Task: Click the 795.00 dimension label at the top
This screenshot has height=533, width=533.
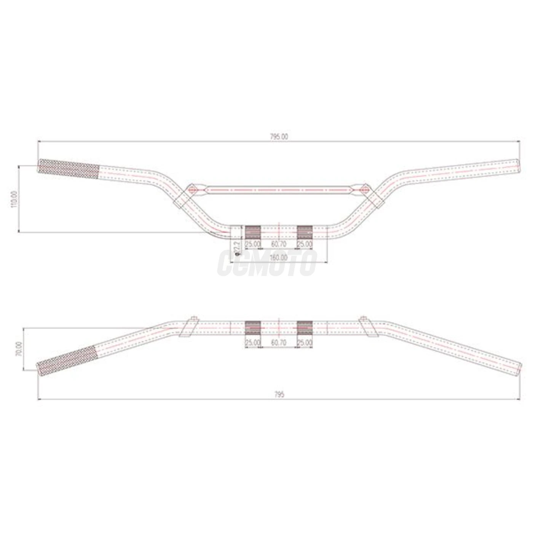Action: (279, 137)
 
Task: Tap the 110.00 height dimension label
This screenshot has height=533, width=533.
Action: (14, 199)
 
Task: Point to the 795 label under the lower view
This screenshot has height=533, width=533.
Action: (279, 395)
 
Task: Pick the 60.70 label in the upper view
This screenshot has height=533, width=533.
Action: (279, 244)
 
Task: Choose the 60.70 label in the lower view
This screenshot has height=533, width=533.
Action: (279, 343)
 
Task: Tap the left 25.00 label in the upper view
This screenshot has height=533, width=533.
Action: (252, 244)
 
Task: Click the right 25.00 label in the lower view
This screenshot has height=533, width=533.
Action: (305, 343)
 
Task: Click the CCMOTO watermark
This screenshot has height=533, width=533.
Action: (266, 263)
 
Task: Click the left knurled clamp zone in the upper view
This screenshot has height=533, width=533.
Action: (252, 231)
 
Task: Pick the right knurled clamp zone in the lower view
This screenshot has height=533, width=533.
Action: (305, 327)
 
